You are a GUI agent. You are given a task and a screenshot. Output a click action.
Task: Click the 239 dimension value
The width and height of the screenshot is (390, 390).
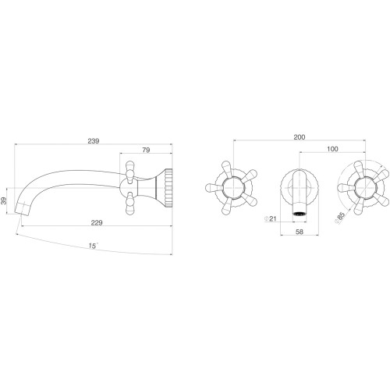(x=94, y=140)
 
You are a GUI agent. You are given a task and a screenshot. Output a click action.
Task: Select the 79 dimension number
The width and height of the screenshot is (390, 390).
(x=147, y=150)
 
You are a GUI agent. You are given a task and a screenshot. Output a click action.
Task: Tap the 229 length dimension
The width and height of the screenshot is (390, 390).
(x=97, y=222)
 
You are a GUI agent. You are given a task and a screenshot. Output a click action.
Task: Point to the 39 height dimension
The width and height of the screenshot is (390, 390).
(x=4, y=200)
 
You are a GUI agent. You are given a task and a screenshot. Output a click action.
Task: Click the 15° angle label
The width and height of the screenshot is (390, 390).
(x=93, y=246)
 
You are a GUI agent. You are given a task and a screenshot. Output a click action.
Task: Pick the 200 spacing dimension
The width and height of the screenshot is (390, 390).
(x=300, y=137)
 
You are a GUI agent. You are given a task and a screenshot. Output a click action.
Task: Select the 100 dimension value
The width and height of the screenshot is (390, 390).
(x=332, y=149)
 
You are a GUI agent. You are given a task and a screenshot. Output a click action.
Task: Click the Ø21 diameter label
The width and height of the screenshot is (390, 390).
(x=270, y=218)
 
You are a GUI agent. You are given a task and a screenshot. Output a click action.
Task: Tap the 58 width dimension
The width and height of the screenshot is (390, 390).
(x=300, y=232)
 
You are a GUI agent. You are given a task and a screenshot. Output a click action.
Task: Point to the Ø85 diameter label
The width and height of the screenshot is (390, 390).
(x=340, y=217)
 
